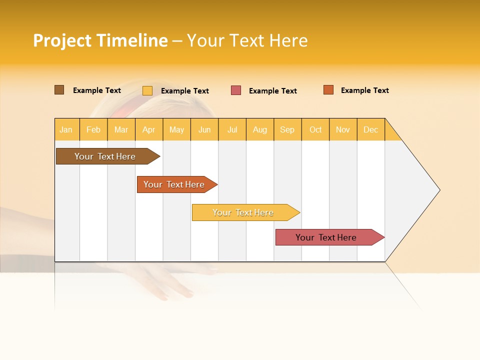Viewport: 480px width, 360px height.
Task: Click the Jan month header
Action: pos(66,129)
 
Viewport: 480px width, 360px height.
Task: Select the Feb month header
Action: pos(93,129)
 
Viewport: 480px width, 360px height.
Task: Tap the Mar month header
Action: pos(121,129)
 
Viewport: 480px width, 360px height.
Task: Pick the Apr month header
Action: pos(149,129)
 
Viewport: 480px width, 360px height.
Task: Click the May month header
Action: pos(176,129)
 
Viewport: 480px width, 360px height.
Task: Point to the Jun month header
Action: pos(204,129)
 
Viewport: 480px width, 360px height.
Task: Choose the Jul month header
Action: pos(232,129)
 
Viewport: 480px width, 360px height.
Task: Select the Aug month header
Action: pos(260,129)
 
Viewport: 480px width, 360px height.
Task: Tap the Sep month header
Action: pos(287,129)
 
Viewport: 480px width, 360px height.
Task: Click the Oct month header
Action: pos(315,129)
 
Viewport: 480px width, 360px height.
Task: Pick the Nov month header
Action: pos(343,129)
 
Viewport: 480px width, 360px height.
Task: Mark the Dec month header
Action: pos(371,129)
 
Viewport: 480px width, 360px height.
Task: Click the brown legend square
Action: pos(59,90)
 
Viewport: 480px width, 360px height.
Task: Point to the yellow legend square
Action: pos(147,90)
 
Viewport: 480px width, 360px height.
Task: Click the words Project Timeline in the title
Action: pos(100,40)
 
